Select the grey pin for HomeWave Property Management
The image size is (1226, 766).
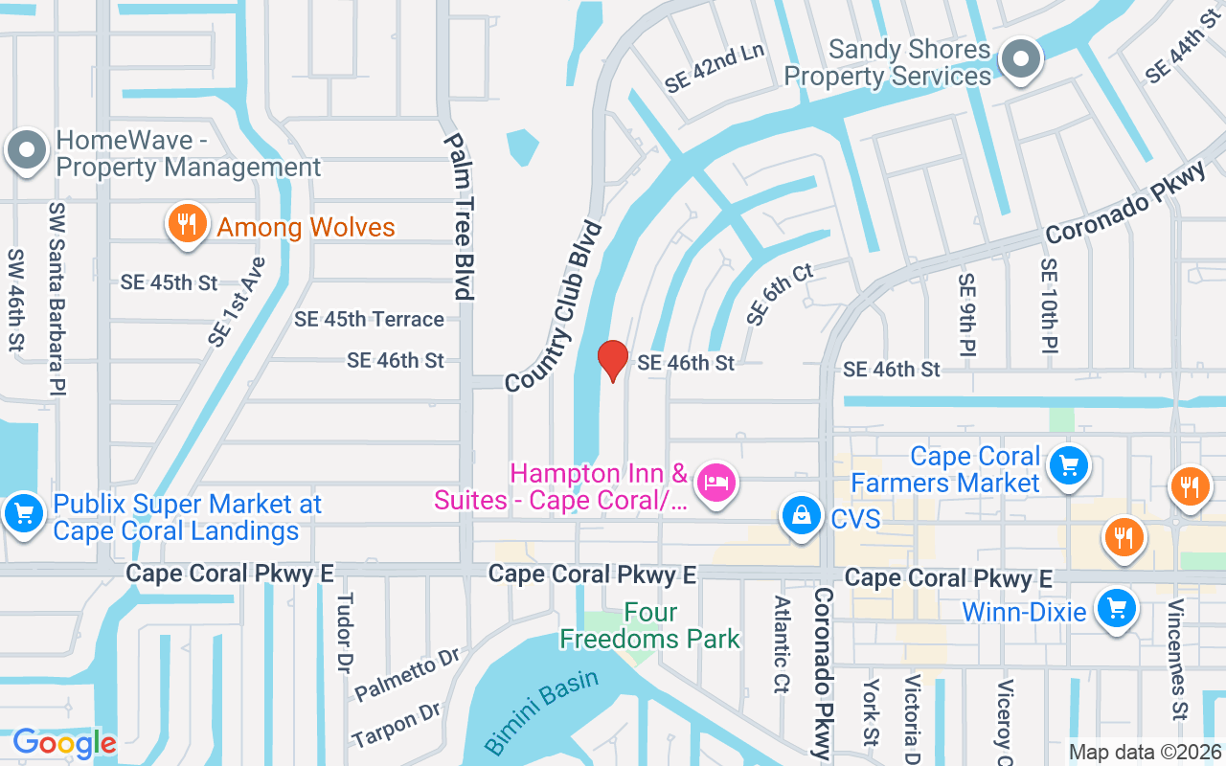pyautogui.click(x=27, y=151)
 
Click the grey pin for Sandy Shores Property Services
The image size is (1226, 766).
pyautogui.click(x=1021, y=59)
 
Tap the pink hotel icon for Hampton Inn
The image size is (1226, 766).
pyautogui.click(x=715, y=482)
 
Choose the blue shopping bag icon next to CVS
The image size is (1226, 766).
pyautogui.click(x=799, y=515)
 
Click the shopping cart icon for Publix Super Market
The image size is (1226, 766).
pyautogui.click(x=23, y=514)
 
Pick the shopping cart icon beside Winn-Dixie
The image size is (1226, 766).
pyautogui.click(x=1116, y=608)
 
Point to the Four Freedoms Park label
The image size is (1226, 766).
pyautogui.click(x=650, y=625)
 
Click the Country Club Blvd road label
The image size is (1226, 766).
pyautogui.click(x=555, y=306)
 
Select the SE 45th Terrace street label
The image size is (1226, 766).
pyautogui.click(x=369, y=320)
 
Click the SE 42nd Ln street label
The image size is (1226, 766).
pyautogui.click(x=715, y=68)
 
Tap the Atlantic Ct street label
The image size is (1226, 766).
pyautogui.click(x=783, y=644)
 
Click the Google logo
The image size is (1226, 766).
pyautogui.click(x=64, y=743)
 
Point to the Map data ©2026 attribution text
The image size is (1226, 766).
pyautogui.click(x=1146, y=753)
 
